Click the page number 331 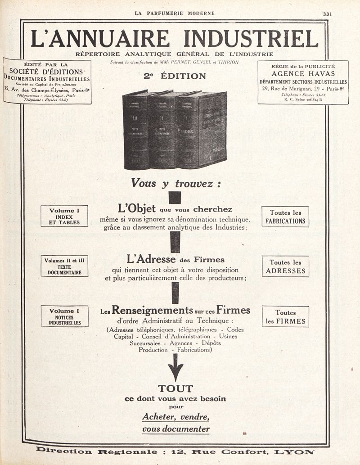point(327,14)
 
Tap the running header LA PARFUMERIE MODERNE point(175,14)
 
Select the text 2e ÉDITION point(175,76)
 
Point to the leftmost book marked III point(135,131)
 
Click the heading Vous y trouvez point(175,183)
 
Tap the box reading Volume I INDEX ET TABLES point(64,216)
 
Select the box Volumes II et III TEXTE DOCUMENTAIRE point(64,266)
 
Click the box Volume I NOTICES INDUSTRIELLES point(64,316)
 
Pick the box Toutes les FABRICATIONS point(285,217)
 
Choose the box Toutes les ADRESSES point(285,266)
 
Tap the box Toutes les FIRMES point(285,316)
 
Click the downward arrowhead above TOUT point(175,373)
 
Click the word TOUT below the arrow point(175,388)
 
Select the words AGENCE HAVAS point(303,74)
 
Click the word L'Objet point(136,209)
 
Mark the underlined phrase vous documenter point(175,429)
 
